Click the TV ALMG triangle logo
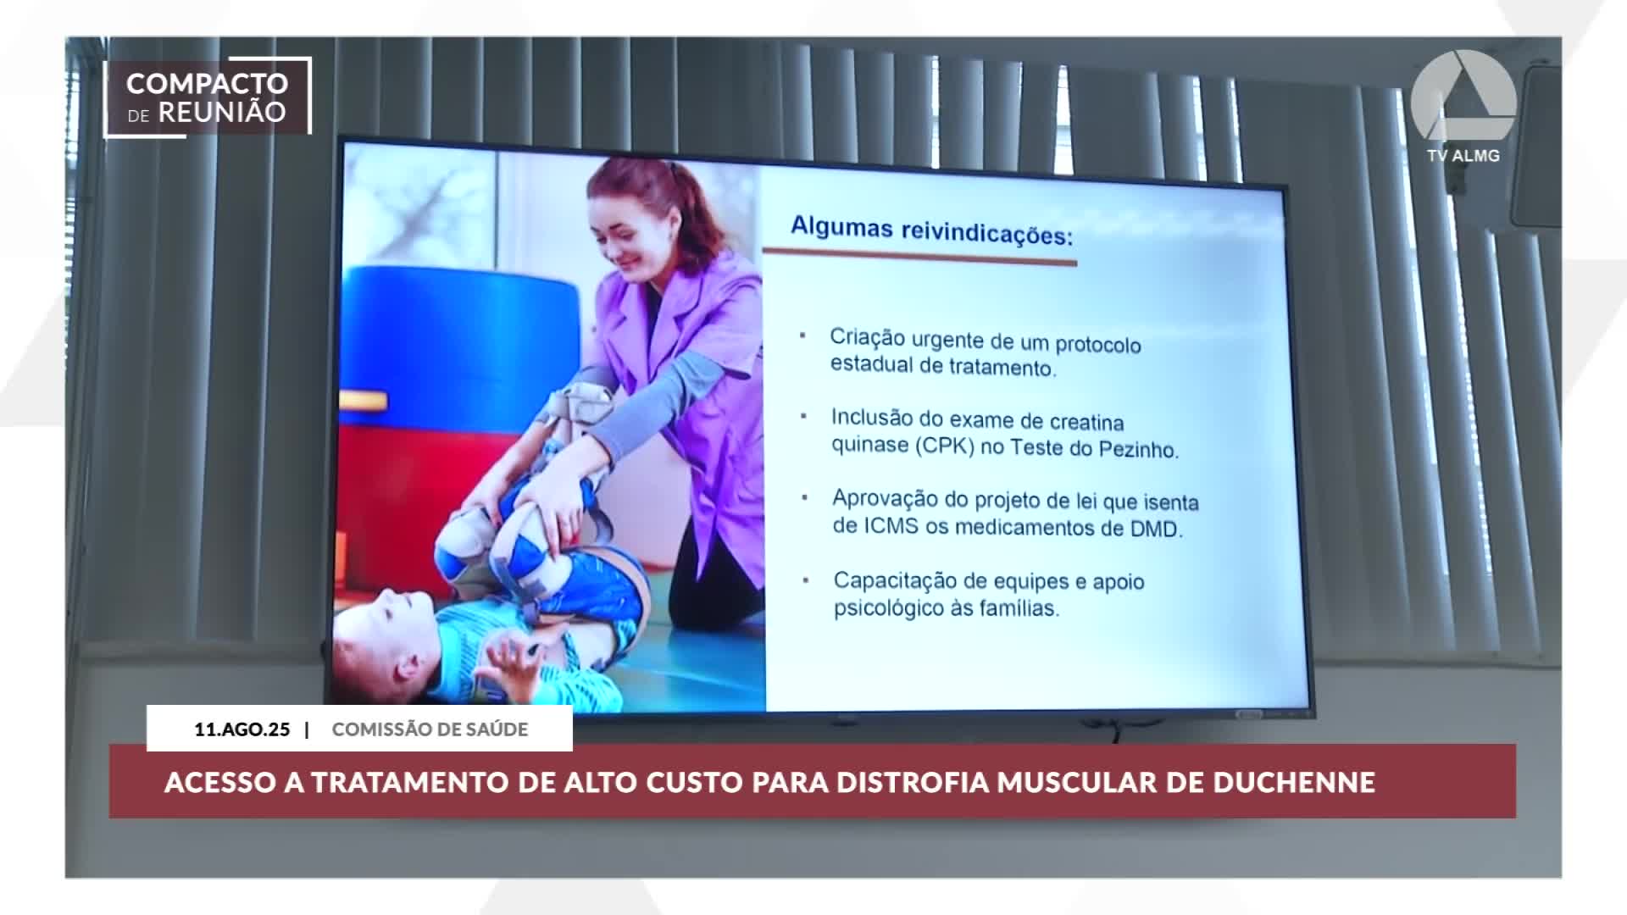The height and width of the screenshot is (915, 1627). pyautogui.click(x=1463, y=95)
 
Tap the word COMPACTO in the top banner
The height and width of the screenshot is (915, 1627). pyautogui.click(x=208, y=84)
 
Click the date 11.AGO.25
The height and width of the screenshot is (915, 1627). pyautogui.click(x=242, y=729)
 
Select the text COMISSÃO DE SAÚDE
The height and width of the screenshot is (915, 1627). pyautogui.click(x=430, y=729)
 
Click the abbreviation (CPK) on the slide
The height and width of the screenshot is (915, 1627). pyautogui.click(x=943, y=446)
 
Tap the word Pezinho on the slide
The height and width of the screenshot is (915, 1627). pyautogui.click(x=1138, y=449)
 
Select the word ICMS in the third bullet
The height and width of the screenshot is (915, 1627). pyautogui.click(x=891, y=525)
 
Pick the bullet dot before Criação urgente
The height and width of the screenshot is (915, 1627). pyautogui.click(x=802, y=336)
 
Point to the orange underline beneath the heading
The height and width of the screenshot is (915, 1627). pyautogui.click(x=919, y=257)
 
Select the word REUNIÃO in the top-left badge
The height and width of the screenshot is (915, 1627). pyautogui.click(x=222, y=113)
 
